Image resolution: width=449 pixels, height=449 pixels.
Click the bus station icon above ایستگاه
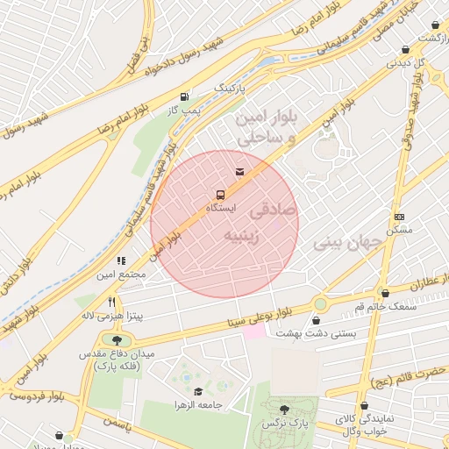point(219,195)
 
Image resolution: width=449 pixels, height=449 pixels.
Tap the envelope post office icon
point(239,169)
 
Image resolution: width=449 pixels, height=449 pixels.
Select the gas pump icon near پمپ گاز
point(184,96)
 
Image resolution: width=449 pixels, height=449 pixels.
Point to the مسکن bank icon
point(400,217)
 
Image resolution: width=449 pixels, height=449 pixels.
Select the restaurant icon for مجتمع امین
point(122,260)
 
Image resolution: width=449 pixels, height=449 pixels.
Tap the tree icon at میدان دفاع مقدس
point(118,339)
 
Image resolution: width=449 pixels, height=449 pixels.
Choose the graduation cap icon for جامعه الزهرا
point(198,392)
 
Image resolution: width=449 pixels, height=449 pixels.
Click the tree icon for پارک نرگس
point(283,409)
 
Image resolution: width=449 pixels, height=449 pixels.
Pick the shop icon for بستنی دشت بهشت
point(317,320)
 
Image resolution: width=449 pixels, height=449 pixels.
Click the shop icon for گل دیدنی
point(404,50)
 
